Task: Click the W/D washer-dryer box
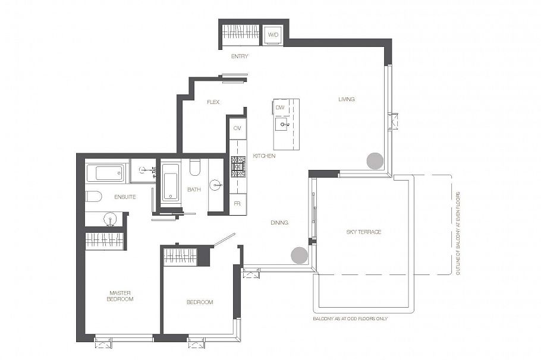pos(273,35)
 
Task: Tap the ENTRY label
pos(240,56)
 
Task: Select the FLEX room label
pos(213,102)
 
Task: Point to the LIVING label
pos(347,99)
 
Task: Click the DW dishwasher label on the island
pos(280,108)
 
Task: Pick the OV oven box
pos(237,129)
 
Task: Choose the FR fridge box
pos(237,204)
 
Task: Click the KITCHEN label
pos(264,156)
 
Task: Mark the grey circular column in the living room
pos(375,161)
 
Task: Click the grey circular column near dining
pos(300,255)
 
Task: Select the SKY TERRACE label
pos(364,232)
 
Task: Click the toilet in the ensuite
pos(93,197)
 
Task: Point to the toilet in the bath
pos(195,167)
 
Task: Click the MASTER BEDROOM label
pos(119,296)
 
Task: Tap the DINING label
pos(279,223)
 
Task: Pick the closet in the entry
pos(241,32)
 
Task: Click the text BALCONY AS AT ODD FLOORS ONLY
pos(350,318)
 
